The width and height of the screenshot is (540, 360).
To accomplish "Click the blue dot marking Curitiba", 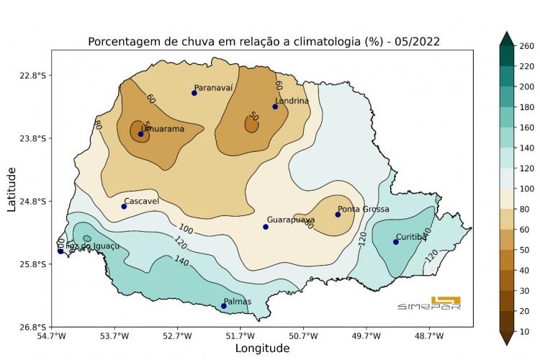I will tap(396, 242).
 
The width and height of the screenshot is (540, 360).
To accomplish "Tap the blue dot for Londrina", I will tap(275, 107).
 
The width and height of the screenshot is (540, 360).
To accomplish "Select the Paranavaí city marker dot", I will tap(194, 93).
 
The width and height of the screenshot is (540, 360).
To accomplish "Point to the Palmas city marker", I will tap(224, 306).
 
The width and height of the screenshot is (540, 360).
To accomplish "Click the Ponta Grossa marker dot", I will tap(338, 215).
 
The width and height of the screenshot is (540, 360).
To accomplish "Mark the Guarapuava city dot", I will tap(266, 227).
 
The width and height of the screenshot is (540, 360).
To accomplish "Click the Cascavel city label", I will tap(141, 202).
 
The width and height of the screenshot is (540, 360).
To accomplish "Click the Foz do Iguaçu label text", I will tap(92, 246).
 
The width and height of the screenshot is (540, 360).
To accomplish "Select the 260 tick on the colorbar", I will tap(525, 46).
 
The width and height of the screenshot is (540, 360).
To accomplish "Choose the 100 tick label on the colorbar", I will tap(525, 189).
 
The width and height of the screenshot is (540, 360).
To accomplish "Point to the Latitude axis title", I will tap(12, 189).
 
